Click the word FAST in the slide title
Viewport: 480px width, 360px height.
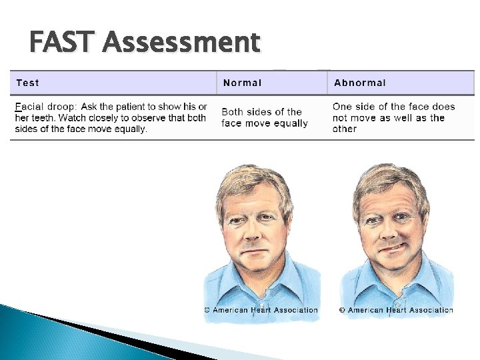coord(63,43)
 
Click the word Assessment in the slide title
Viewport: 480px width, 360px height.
coord(181,43)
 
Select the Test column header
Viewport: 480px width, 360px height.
coord(27,83)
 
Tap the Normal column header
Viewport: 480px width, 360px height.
coord(242,83)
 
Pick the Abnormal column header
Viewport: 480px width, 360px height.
coord(359,83)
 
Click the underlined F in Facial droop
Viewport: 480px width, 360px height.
coord(17,107)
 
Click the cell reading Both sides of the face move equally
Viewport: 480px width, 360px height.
coord(265,117)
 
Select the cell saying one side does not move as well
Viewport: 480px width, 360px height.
coord(393,117)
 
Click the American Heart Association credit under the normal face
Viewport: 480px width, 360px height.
coord(261,309)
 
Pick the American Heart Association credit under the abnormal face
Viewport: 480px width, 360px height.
coord(396,309)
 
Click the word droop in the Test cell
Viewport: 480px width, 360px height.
coord(63,107)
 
